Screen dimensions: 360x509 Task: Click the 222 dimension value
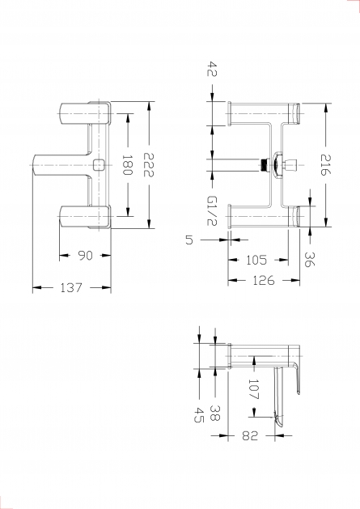click(149, 164)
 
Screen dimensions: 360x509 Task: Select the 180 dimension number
click(127, 165)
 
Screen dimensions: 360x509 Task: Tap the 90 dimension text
click(86, 256)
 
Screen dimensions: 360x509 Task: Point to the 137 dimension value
click(72, 287)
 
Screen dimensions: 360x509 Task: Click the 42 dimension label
click(212, 69)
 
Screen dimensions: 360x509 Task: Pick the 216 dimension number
click(325, 165)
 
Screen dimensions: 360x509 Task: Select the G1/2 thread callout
click(212, 211)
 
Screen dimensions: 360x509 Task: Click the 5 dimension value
click(189, 240)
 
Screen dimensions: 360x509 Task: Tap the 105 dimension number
click(256, 260)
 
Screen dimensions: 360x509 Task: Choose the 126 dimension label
click(264, 280)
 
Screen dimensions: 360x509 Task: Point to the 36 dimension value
click(309, 260)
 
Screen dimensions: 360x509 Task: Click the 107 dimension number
click(253, 389)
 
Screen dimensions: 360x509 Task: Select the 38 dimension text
click(214, 414)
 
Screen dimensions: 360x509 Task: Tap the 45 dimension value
click(199, 415)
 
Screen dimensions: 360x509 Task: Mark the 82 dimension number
click(250, 435)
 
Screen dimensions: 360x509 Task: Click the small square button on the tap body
click(99, 165)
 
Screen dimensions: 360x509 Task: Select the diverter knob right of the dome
click(290, 165)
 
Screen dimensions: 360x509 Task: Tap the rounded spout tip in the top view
click(35, 165)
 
